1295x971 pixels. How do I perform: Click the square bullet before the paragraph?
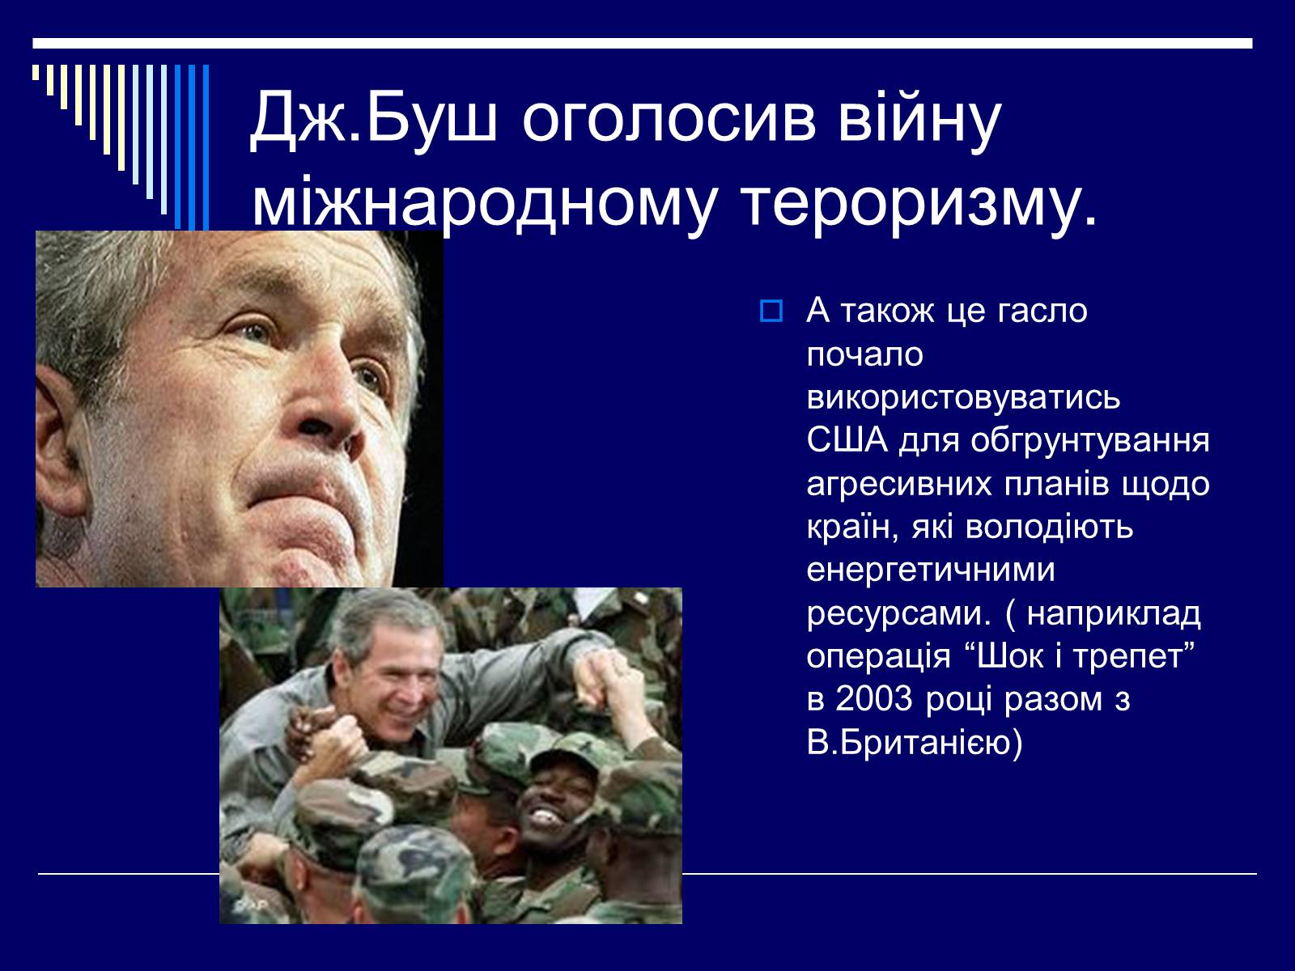coord(771,311)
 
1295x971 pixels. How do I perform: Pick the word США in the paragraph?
coord(847,440)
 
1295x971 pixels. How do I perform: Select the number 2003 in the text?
coord(874,698)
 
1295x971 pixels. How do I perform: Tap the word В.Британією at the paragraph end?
coord(914,743)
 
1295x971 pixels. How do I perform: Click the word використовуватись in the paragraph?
coord(963,396)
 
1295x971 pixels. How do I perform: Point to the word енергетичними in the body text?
coord(931,570)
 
